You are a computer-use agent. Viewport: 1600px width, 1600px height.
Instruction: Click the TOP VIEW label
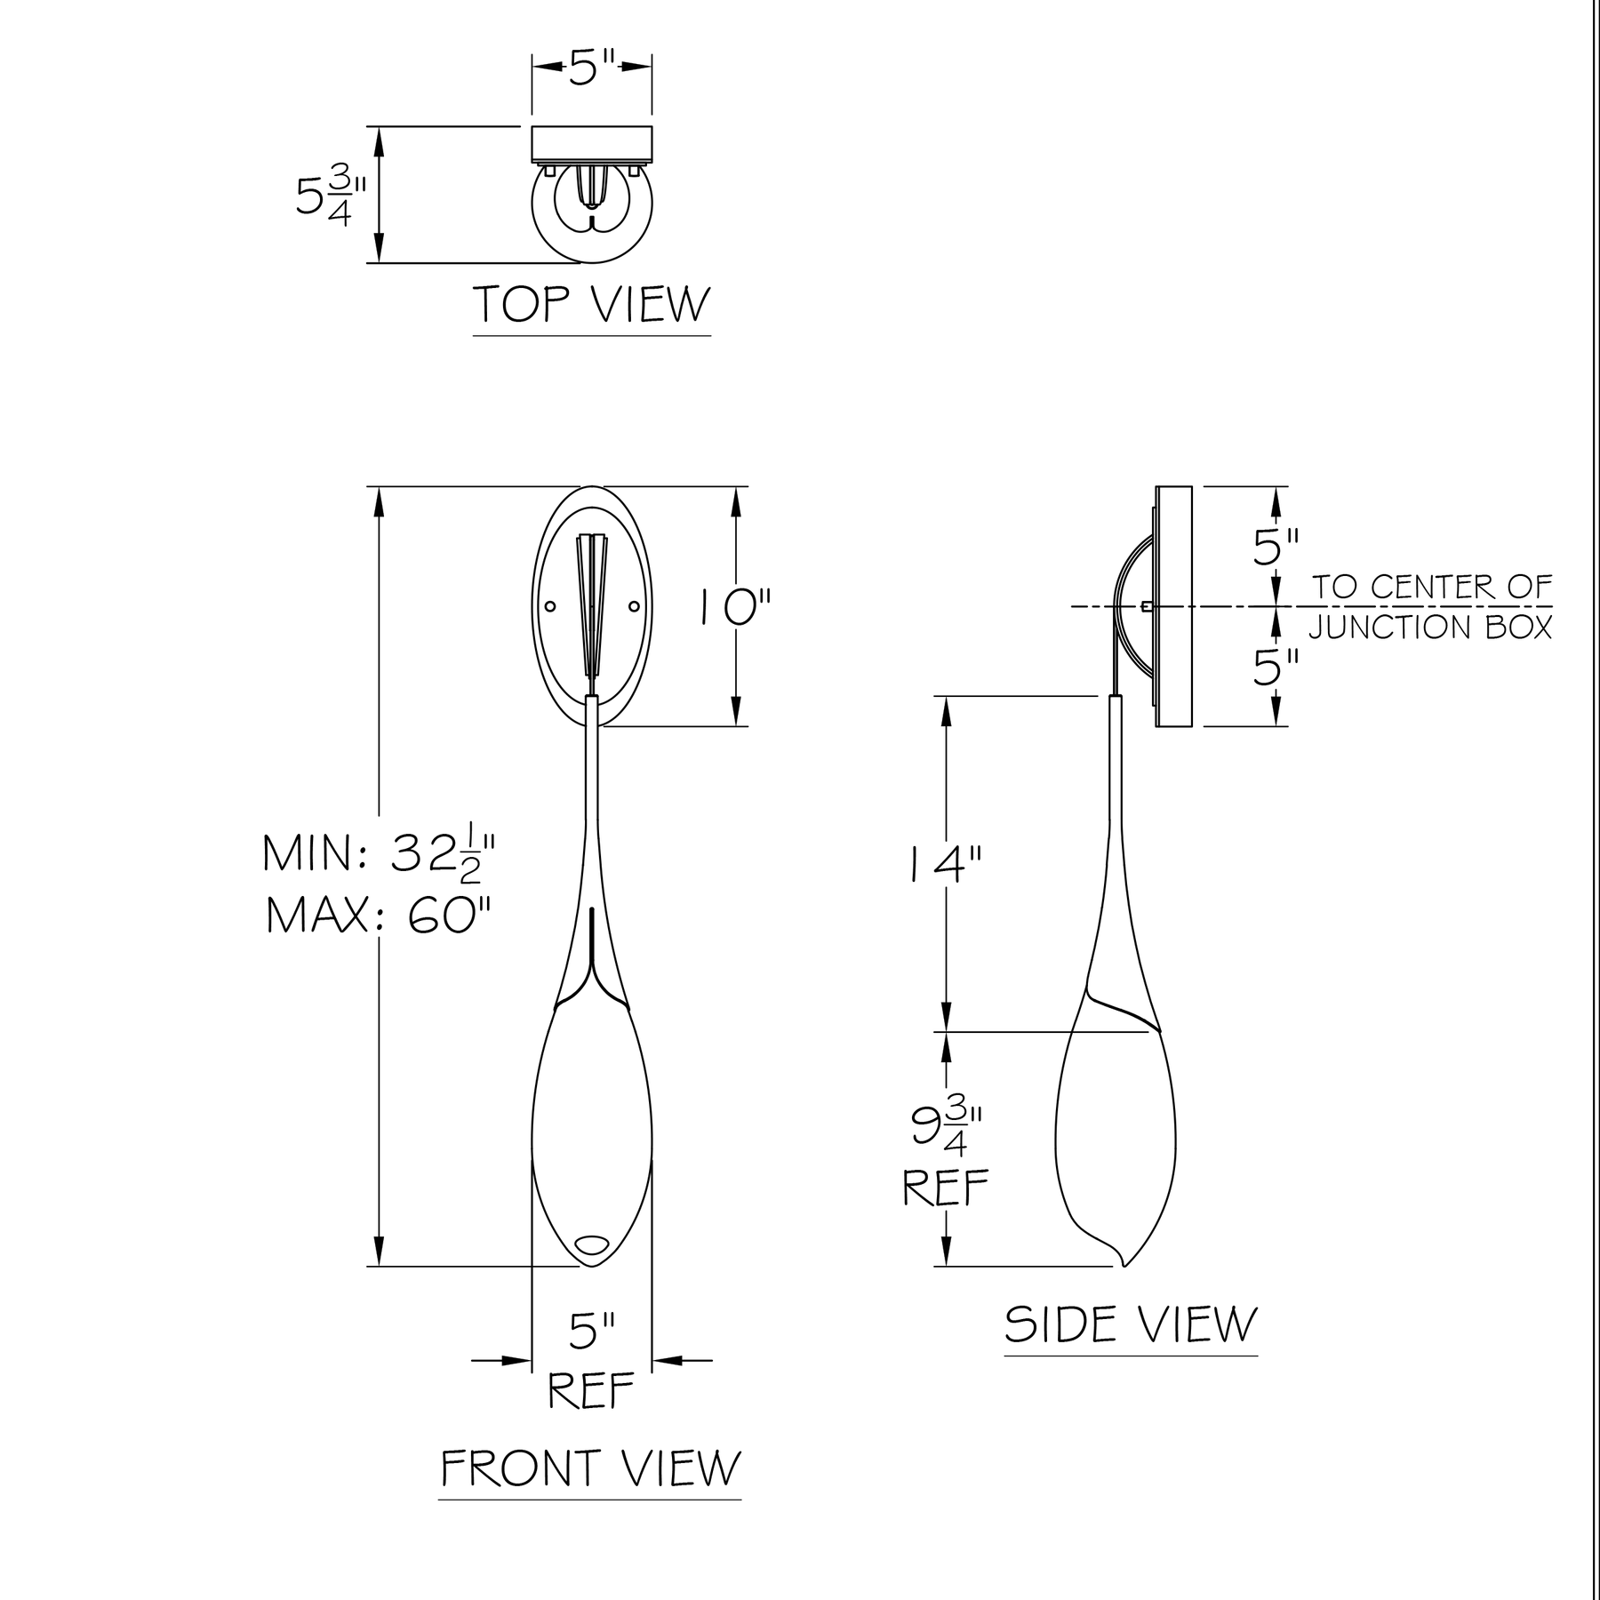pyautogui.click(x=592, y=304)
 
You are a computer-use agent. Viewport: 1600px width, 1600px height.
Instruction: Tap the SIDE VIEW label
pyautogui.click(x=1131, y=1324)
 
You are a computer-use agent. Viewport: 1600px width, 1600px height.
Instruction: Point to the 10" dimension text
pyautogui.click(x=734, y=610)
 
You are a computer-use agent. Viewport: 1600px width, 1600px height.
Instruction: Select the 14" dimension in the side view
pyautogui.click(x=946, y=864)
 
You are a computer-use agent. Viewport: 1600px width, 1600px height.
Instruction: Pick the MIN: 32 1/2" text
pyautogui.click(x=379, y=853)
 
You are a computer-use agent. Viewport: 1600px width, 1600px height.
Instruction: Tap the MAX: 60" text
pyautogui.click(x=379, y=915)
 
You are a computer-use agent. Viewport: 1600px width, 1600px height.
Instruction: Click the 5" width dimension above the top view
pyautogui.click(x=592, y=68)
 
